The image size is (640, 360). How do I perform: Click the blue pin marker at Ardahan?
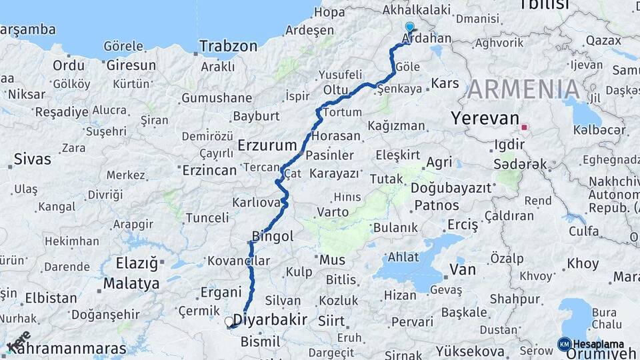409,28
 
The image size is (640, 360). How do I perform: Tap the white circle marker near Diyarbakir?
229,322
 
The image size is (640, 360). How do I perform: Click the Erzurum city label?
267,145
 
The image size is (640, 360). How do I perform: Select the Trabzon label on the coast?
229,47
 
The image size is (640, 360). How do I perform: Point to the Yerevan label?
485,119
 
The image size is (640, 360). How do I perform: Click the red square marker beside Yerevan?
525,127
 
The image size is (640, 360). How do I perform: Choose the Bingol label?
273,236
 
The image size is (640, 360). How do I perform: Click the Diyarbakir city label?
275,320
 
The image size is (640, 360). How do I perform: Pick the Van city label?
463,270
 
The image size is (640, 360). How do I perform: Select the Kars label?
445,83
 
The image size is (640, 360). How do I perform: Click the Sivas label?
32,159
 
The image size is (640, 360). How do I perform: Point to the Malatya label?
131,283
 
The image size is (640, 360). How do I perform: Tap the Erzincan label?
209,170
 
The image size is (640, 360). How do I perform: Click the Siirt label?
331,321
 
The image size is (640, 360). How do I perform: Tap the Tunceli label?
207,218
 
